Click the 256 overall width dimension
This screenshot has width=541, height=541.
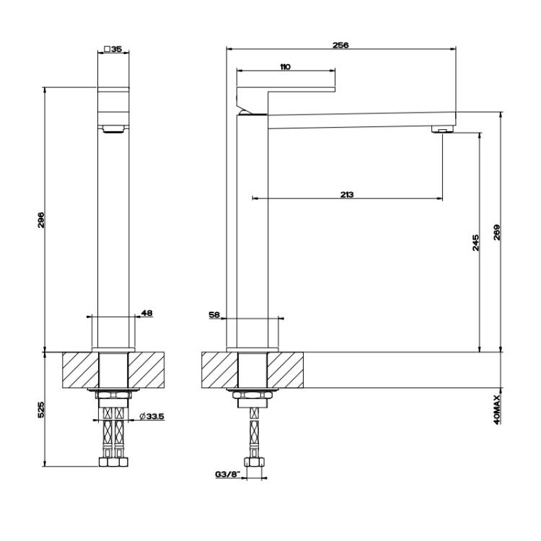[x=340, y=45]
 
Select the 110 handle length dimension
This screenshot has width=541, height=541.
[x=286, y=66]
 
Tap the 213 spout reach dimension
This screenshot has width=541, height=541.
[x=347, y=195]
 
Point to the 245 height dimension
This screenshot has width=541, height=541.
[x=475, y=242]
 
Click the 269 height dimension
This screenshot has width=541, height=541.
[x=496, y=232]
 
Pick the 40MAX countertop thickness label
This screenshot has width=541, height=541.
[x=497, y=410]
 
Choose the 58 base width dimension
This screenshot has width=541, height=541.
[x=214, y=315]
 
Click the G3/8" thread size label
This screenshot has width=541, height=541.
[x=228, y=475]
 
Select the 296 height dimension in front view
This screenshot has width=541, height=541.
[x=40, y=220]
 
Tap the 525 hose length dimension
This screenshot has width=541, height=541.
[x=40, y=410]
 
